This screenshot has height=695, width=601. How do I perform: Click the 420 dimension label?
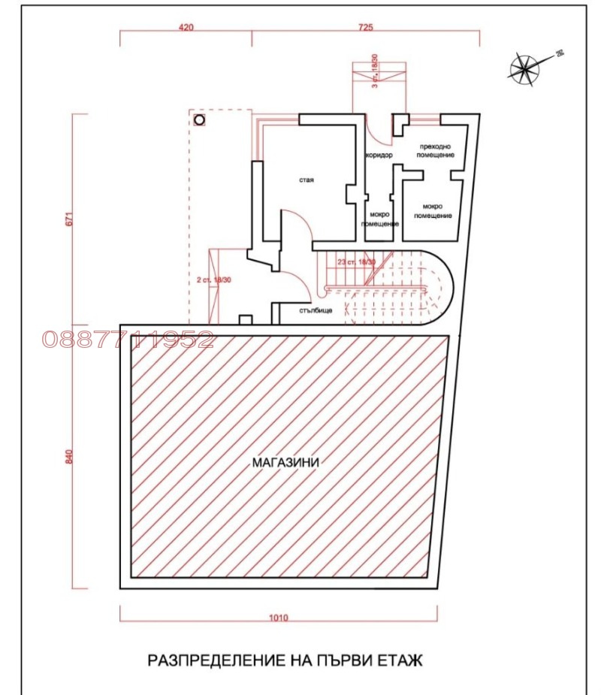[186, 26]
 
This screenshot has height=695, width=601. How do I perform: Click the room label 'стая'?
[306, 180]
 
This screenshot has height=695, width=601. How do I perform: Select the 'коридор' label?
[379, 156]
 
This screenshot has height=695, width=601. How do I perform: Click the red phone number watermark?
[128, 340]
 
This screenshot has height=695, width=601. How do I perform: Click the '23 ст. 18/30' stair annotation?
[357, 262]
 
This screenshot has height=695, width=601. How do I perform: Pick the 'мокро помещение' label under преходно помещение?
[436, 211]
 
